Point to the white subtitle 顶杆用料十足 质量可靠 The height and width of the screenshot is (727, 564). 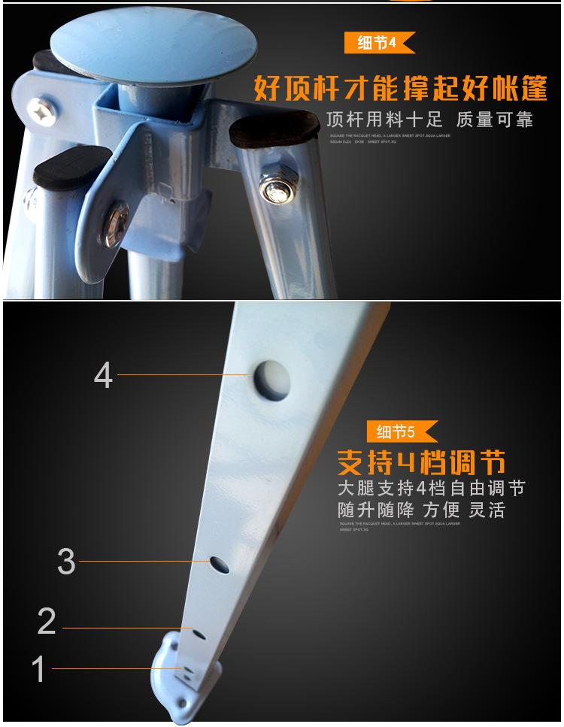[x=429, y=120]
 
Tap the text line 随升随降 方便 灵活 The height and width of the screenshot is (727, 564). [x=421, y=510]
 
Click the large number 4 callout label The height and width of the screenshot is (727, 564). [x=104, y=376]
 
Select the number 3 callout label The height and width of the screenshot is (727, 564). [x=66, y=562]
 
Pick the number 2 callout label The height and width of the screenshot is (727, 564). [x=47, y=622]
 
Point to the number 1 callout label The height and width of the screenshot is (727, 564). [x=38, y=669]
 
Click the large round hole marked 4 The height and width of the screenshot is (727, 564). [x=272, y=378]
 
